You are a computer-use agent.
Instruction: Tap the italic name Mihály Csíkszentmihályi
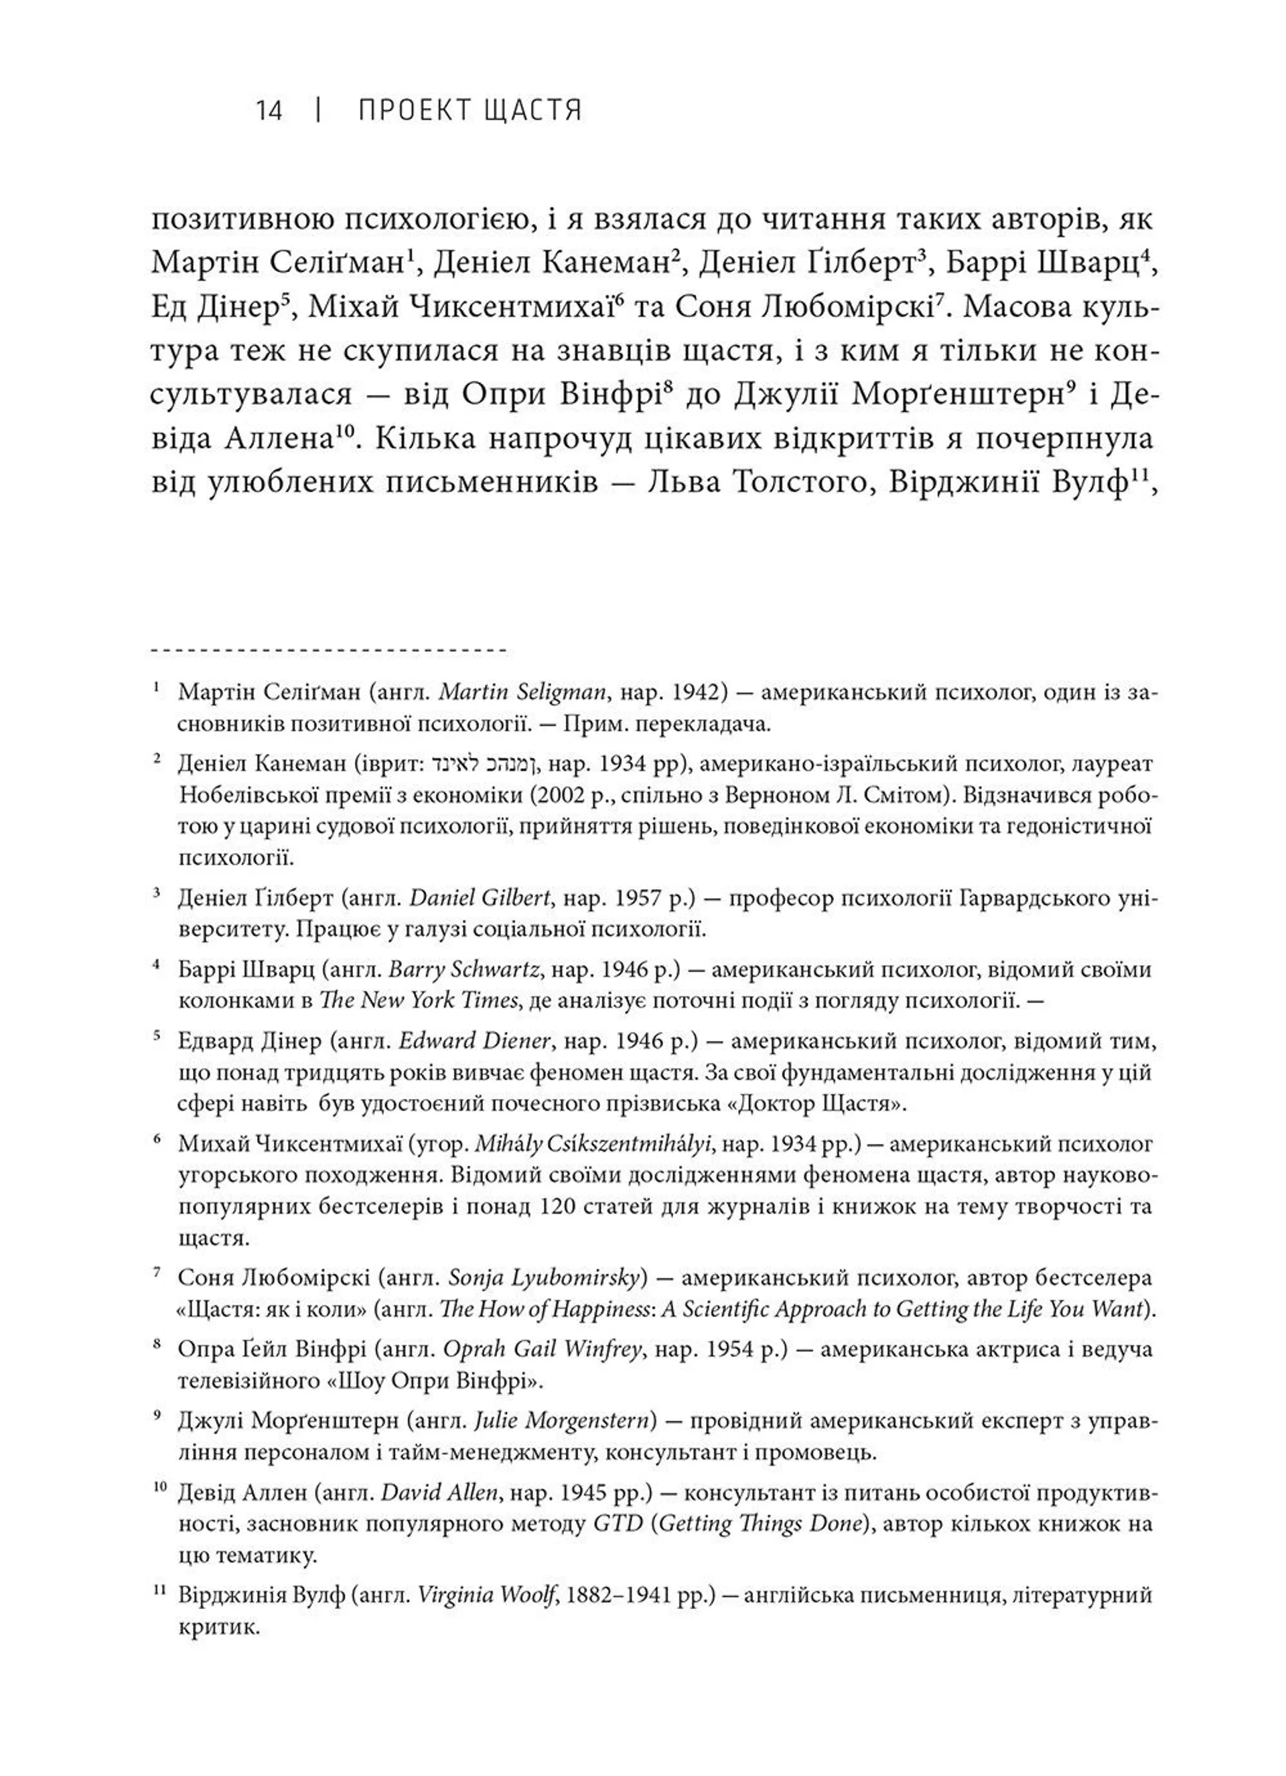pos(593,1144)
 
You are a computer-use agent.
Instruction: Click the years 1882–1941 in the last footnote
pos(630,1595)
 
